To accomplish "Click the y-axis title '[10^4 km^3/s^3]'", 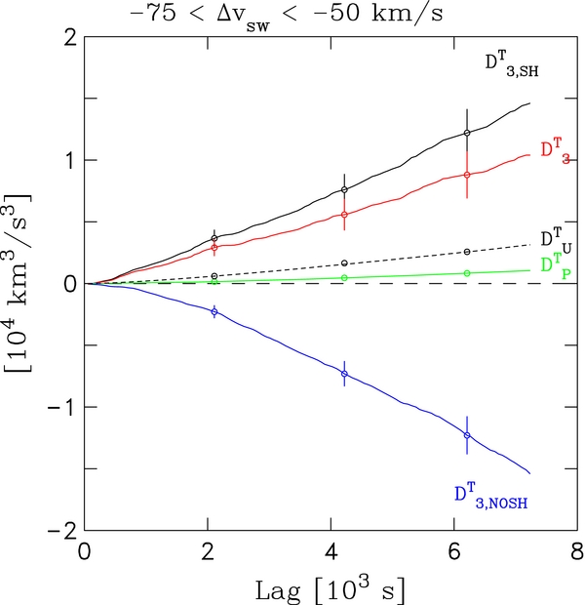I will pyautogui.click(x=21, y=284).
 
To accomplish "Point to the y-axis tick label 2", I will pyautogui.click(x=69, y=37).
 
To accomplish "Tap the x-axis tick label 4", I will pyautogui.click(x=331, y=552).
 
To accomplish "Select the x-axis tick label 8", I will pyautogui.click(x=576, y=552).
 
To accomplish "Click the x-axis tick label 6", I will pyautogui.click(x=453, y=552).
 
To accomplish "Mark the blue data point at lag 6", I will pyautogui.click(x=467, y=435).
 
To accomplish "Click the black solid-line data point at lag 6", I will pyautogui.click(x=467, y=133).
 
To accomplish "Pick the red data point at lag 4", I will pyautogui.click(x=345, y=215).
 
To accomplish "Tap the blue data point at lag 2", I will pyautogui.click(x=214, y=310).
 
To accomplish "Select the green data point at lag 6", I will pyautogui.click(x=467, y=273).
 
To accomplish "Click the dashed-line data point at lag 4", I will pyautogui.click(x=345, y=263).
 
